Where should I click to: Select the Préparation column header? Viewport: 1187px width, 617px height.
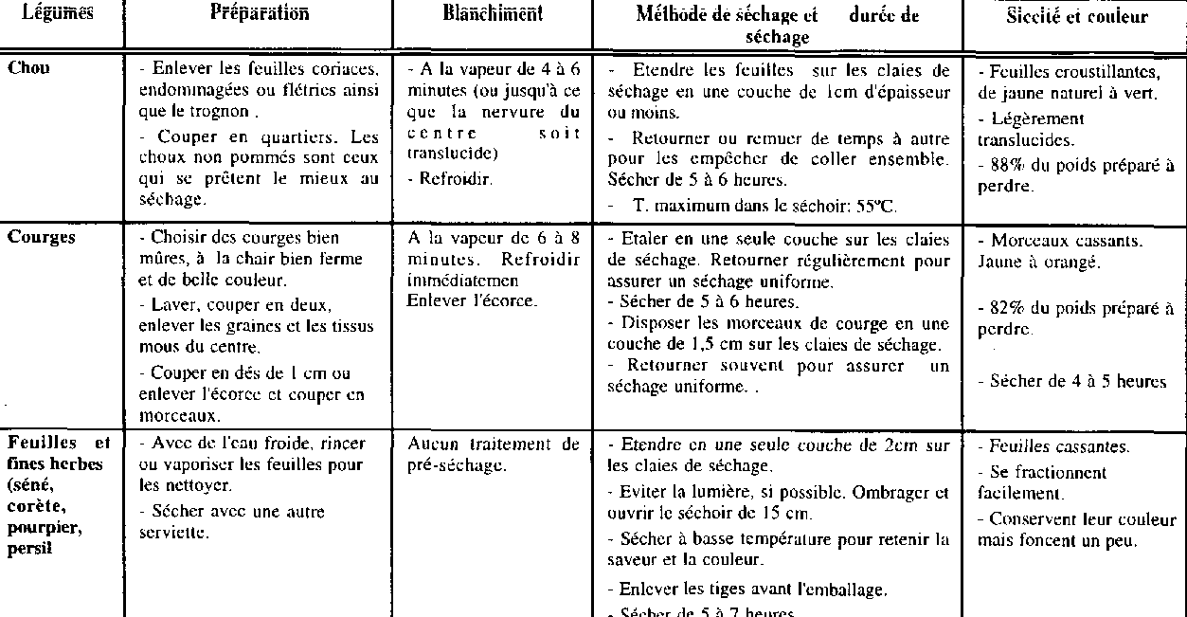[x=259, y=13]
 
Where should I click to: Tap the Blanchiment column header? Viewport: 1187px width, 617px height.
[x=493, y=13]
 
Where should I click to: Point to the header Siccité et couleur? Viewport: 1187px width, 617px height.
[x=1076, y=16]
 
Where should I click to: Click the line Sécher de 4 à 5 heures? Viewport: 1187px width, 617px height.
[x=1077, y=382]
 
